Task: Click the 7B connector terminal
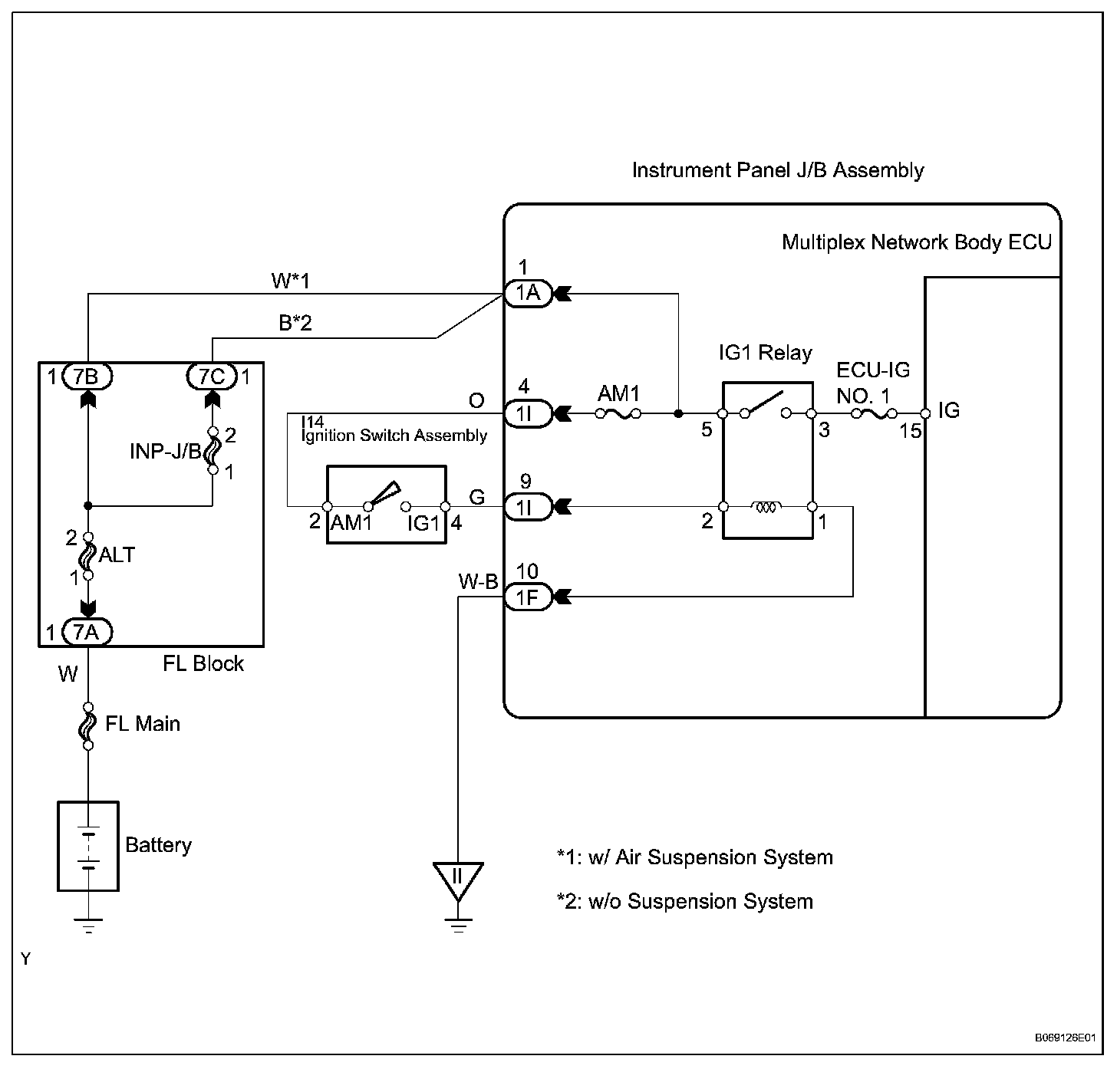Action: (87, 377)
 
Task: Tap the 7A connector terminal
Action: (87, 632)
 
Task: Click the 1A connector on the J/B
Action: (528, 293)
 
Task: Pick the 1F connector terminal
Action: (528, 597)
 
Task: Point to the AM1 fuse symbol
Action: (618, 414)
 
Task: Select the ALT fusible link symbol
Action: (87, 555)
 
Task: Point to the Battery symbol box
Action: (88, 846)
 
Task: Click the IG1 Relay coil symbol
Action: (767, 507)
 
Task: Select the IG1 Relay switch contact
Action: (765, 405)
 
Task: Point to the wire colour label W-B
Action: (478, 582)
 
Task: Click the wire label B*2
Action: (295, 324)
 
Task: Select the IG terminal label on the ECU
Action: (948, 411)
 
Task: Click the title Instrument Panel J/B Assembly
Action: (777, 170)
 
